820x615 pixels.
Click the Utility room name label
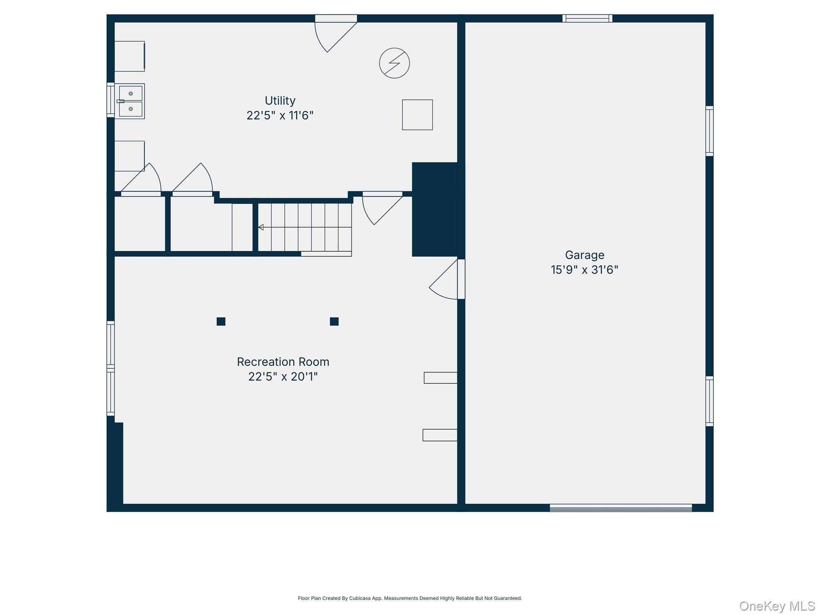click(280, 100)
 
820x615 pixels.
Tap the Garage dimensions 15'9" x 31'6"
click(585, 270)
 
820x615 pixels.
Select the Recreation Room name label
click(283, 362)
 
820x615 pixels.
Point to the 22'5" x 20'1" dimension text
click(283, 377)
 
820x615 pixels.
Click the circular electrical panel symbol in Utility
click(394, 63)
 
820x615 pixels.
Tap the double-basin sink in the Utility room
click(130, 101)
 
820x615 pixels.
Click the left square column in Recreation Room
click(221, 322)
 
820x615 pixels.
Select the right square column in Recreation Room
click(334, 322)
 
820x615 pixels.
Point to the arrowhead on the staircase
click(261, 227)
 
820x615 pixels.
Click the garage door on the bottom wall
click(621, 508)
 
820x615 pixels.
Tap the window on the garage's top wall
click(587, 18)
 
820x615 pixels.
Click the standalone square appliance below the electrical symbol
click(418, 115)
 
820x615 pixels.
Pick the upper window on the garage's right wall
click(709, 131)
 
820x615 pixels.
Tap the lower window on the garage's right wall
click(709, 401)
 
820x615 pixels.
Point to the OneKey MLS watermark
click(777, 606)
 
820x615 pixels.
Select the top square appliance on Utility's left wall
click(130, 56)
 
